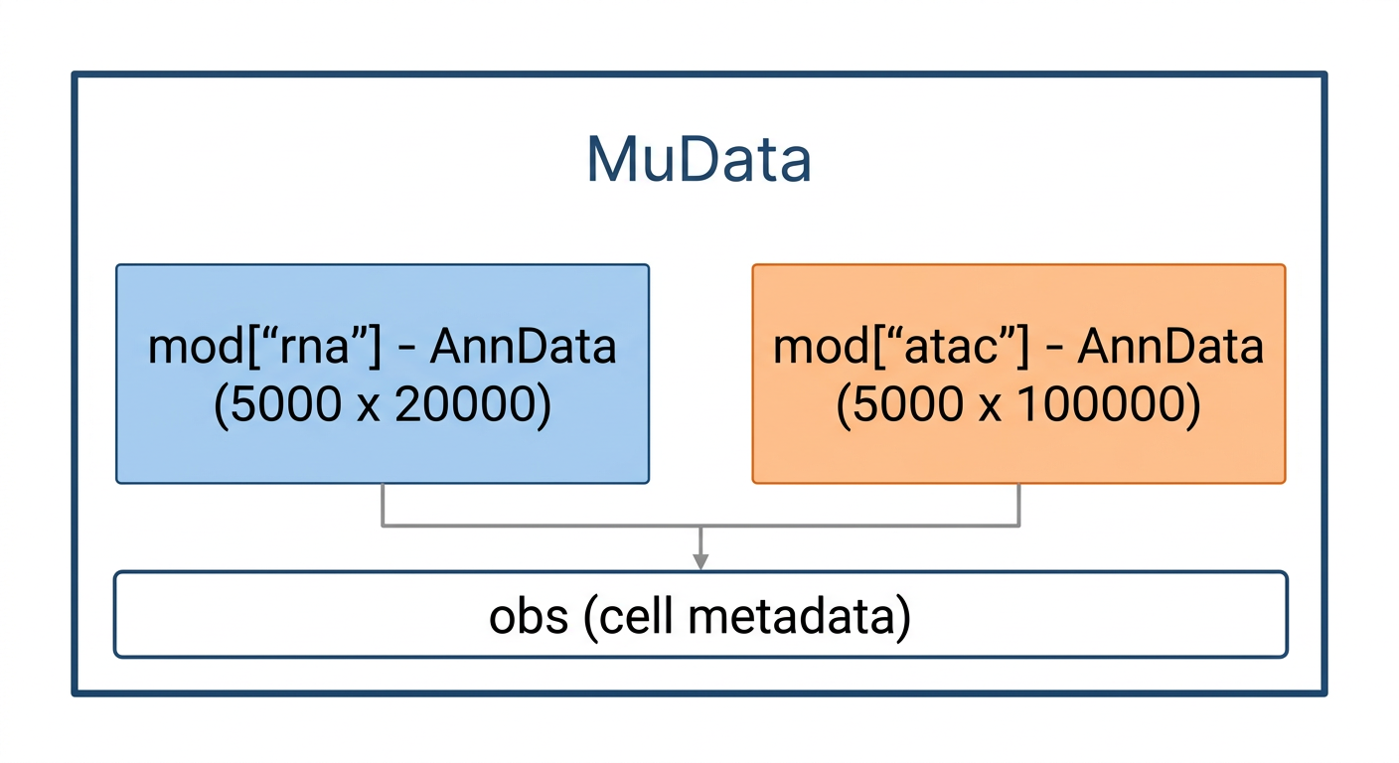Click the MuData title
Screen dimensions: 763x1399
[699, 160]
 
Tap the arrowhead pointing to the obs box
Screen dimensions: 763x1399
[700, 562]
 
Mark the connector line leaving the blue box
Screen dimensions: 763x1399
[383, 505]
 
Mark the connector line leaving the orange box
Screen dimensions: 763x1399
[1019, 505]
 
